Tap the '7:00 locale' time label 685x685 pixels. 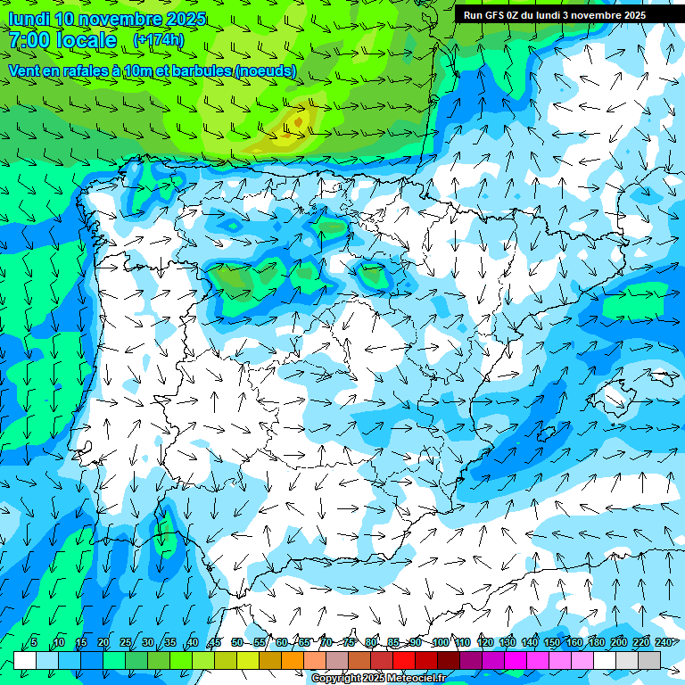62,40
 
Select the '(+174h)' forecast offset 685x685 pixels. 158,40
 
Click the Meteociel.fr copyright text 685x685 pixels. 378,679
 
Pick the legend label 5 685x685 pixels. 34,643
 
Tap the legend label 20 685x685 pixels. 103,643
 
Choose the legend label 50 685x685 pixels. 237,643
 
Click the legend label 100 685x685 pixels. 441,643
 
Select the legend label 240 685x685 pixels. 664,643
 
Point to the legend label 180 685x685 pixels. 597,643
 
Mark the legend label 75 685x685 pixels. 349,643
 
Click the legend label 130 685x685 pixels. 508,643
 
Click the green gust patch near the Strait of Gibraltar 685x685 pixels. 163,533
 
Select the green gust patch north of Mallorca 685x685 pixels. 630,306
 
